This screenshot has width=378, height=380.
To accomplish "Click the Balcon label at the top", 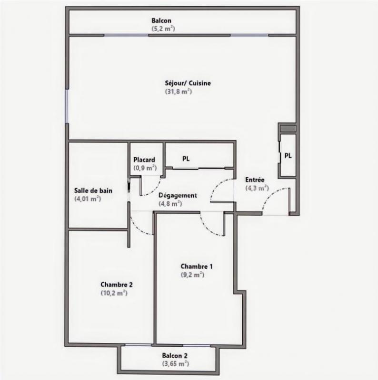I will tap(161, 20).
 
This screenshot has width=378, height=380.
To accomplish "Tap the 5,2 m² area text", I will tap(161, 28).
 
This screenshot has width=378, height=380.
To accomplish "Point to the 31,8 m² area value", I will tap(179, 91).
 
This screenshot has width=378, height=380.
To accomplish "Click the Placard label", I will tap(144, 160).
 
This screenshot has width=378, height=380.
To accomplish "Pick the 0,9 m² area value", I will tap(145, 168).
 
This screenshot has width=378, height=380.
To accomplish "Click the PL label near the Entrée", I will tap(288, 155).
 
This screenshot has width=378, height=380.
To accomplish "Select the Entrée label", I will tap(255, 180).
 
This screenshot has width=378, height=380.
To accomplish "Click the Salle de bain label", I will tap(93, 191).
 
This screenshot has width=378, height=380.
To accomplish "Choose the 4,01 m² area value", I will tap(87, 199).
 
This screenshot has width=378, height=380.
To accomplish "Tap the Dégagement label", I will tap(178, 195).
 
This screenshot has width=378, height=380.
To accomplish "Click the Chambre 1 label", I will tap(197, 266).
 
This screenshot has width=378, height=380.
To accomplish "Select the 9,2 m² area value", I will tap(192, 275).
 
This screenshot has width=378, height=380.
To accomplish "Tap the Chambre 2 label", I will tap(116, 285).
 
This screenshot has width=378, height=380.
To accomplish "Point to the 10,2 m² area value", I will tap(114, 293).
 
